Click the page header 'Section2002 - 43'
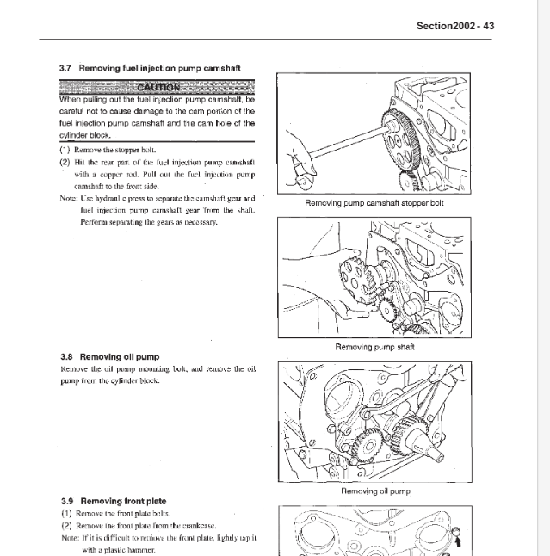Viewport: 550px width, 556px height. [454, 26]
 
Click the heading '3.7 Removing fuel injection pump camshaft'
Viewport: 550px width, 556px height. [151, 67]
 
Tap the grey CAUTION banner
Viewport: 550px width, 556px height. [157, 88]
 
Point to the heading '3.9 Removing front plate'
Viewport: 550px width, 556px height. [114, 501]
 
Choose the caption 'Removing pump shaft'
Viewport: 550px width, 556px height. [374, 347]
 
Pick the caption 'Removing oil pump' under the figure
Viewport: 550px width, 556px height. [374, 491]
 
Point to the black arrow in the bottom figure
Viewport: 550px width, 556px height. [457, 541]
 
